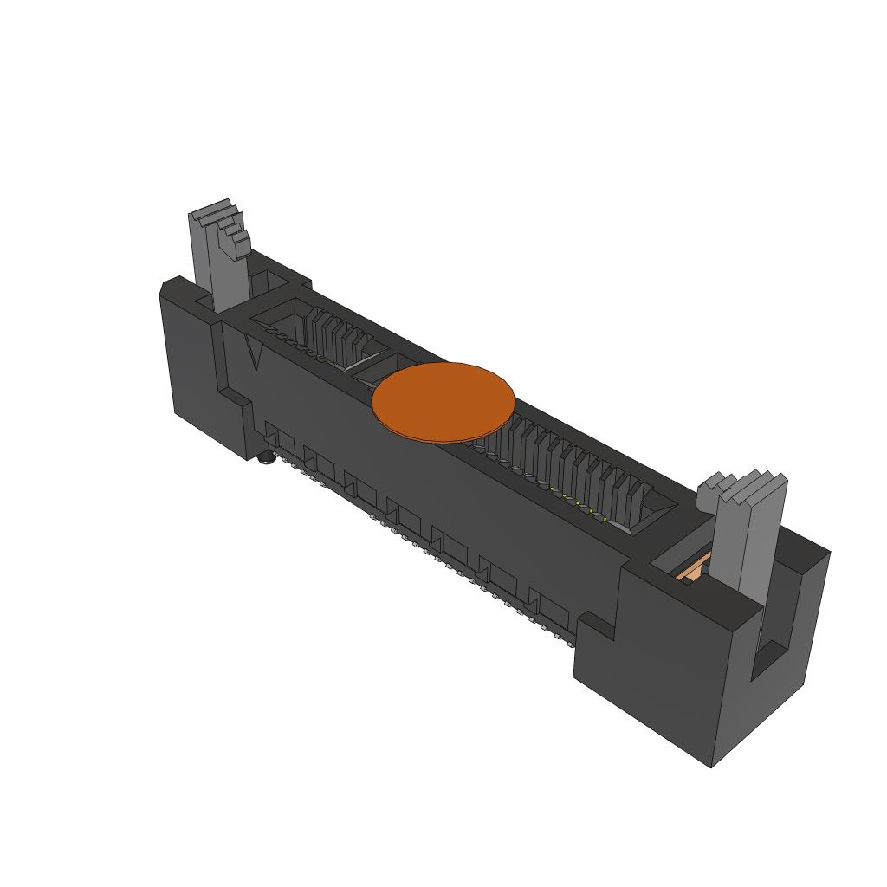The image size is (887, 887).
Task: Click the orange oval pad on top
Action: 443,401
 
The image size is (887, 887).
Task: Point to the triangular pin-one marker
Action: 254,353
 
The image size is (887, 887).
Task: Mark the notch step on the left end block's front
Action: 232,398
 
